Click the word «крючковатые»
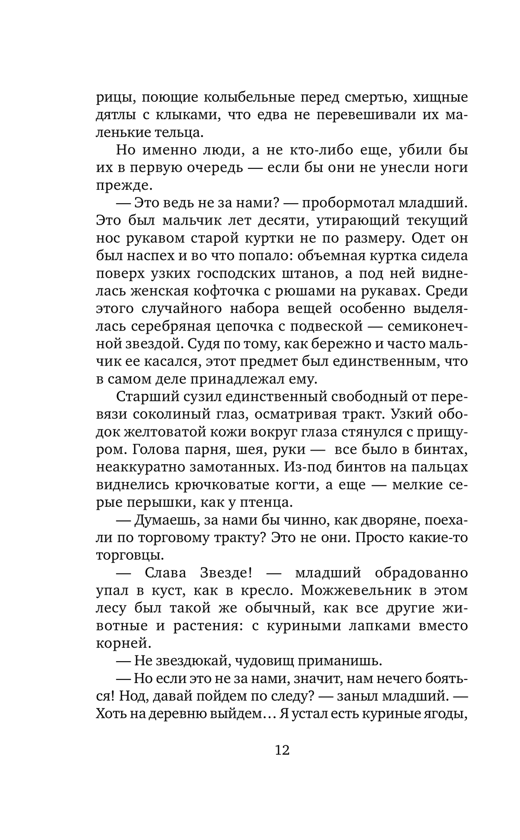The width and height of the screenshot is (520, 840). click(223, 485)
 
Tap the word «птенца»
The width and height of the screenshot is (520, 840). click(269, 503)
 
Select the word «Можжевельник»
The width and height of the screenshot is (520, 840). click(355, 591)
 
